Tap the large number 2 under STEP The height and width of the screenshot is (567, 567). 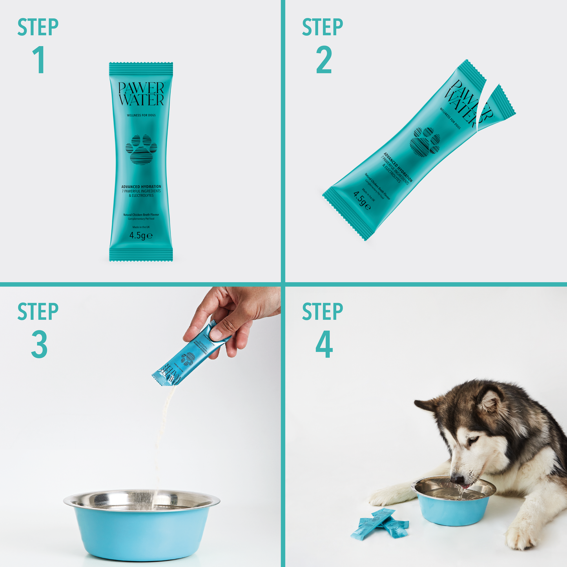[324, 60]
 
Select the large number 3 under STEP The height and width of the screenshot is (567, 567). [39, 345]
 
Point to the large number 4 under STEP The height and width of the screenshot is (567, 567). [324, 345]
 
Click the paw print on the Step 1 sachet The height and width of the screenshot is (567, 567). [141, 149]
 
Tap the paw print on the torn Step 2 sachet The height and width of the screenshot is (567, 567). [425, 140]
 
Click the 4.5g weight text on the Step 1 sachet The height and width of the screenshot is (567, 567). [141, 235]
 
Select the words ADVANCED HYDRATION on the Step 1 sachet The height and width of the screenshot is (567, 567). [141, 187]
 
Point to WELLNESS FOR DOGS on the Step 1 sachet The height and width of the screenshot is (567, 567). [141, 115]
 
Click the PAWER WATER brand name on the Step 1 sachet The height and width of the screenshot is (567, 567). [141, 94]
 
